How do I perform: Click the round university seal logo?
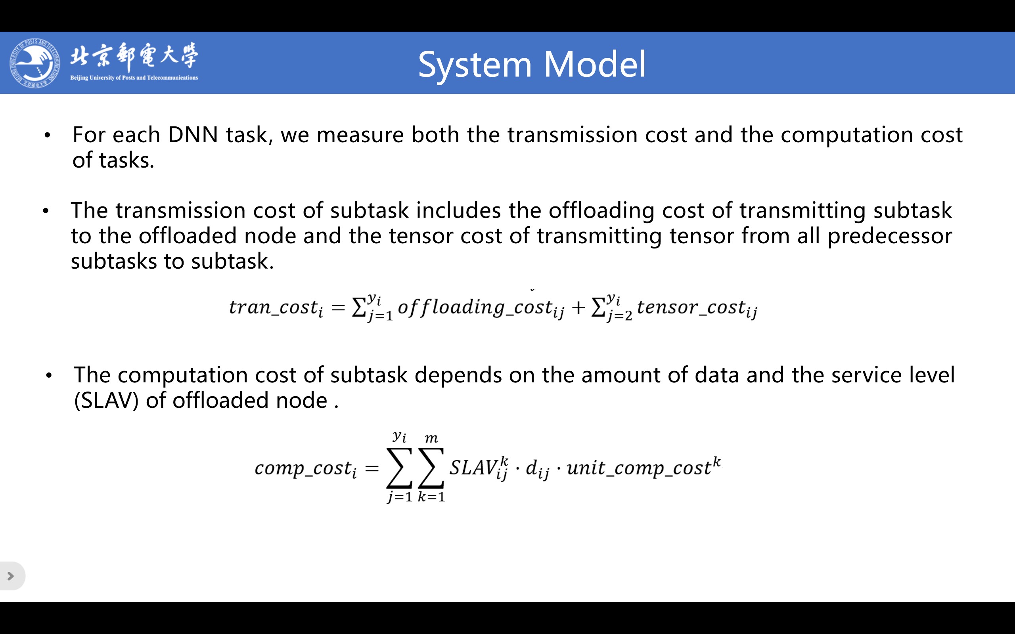[35, 63]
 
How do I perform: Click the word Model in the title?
[595, 65]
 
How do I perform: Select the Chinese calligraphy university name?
[134, 56]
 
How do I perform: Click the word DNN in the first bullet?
[193, 135]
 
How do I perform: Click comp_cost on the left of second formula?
[306, 468]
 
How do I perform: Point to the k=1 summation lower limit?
[431, 497]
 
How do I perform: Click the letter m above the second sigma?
[431, 439]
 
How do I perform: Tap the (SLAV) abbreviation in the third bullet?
[106, 401]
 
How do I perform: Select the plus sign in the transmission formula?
[578, 308]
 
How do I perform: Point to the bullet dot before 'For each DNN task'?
[48, 136]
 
